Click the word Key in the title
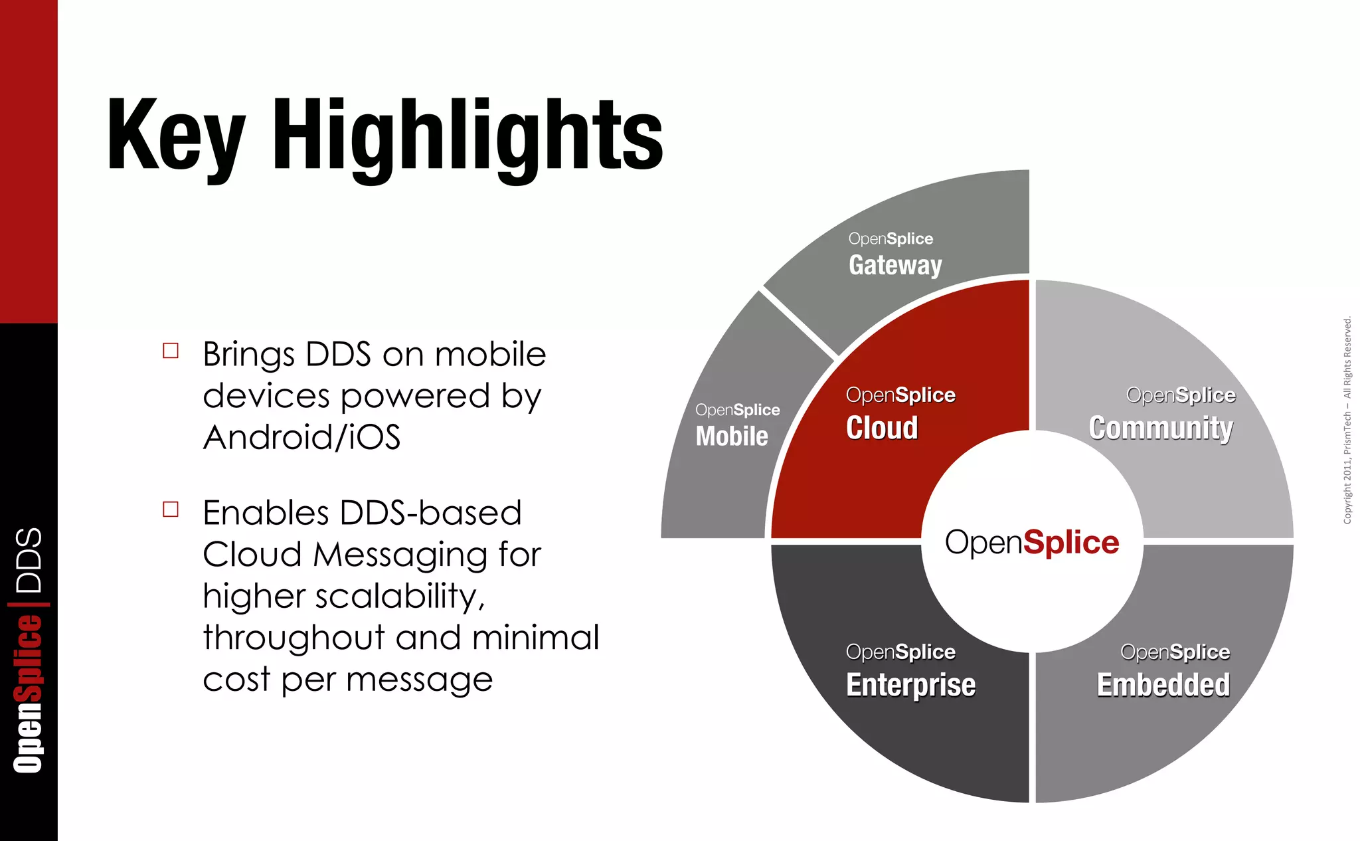click(176, 136)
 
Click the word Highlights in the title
click(467, 136)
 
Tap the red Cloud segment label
click(882, 428)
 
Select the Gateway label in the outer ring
click(895, 265)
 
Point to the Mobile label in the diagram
click(732, 436)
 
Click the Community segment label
click(1161, 428)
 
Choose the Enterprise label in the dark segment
click(910, 685)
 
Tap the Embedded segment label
click(1163, 685)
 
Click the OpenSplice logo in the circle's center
click(1032, 543)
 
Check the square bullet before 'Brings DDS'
click(171, 351)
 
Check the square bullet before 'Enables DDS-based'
click(171, 510)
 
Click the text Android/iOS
click(301, 438)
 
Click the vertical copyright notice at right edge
click(1347, 420)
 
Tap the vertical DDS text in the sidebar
click(29, 560)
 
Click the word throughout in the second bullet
click(294, 638)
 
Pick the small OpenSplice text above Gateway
click(891, 238)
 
